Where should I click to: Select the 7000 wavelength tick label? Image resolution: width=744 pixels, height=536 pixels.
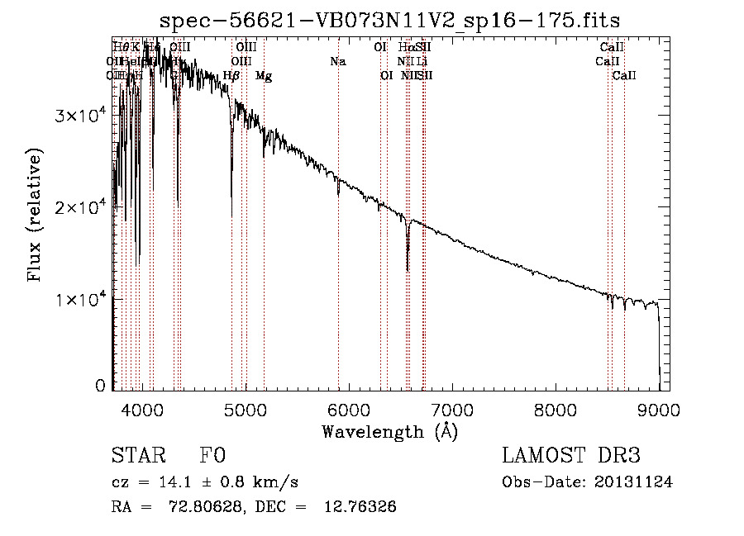pyautogui.click(x=452, y=409)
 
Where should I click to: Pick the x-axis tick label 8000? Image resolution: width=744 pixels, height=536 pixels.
pyautogui.click(x=556, y=409)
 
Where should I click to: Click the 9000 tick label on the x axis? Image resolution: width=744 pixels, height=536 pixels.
pyautogui.click(x=659, y=409)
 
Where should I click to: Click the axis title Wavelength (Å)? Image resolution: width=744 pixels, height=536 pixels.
pyautogui.click(x=389, y=431)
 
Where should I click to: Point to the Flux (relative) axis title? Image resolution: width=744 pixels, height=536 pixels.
pyautogui.click(x=36, y=215)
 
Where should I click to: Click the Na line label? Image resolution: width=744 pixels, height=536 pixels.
pyautogui.click(x=337, y=61)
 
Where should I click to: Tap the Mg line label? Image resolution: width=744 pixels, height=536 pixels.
pyautogui.click(x=263, y=76)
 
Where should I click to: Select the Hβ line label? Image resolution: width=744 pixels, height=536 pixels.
pyautogui.click(x=231, y=76)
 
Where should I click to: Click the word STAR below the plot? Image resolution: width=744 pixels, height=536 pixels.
pyautogui.click(x=138, y=456)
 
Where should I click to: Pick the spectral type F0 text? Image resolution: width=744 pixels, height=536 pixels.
pyautogui.click(x=212, y=456)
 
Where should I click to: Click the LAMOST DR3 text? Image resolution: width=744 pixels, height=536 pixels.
pyautogui.click(x=571, y=456)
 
